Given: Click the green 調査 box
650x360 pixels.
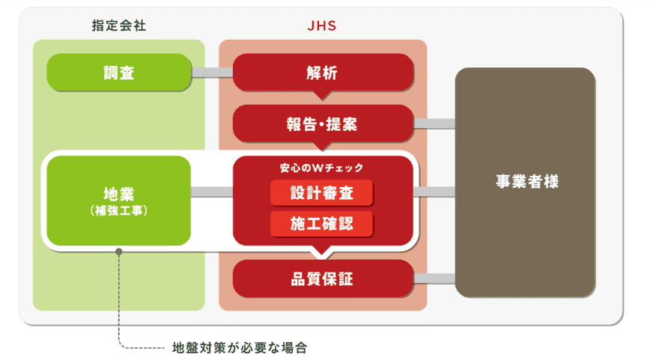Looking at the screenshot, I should coord(119,72).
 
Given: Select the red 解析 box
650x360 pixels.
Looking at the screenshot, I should coord(323,72).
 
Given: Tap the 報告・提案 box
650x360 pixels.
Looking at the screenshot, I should coord(323,123).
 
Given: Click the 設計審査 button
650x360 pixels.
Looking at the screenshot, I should coord(322,193).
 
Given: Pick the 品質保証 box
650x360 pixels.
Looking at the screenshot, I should coord(323,279).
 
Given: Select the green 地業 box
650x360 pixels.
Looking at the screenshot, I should coord(119,200).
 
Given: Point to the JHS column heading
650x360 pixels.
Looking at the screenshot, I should coord(323,25).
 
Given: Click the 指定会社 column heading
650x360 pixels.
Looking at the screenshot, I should coord(118,25).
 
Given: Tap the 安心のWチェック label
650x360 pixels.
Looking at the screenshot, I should coord(322,168).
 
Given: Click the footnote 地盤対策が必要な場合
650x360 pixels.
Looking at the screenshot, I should coord(240,348).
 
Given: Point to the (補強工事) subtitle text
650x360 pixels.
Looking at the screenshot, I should coord(119,211).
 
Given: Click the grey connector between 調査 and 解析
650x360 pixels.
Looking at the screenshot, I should coord(212,73).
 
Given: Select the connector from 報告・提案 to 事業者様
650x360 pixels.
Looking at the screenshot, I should coord(434,123).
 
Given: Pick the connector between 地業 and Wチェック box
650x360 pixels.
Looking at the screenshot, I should coord(212,192).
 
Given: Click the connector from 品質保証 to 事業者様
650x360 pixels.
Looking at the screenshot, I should coord(434,279).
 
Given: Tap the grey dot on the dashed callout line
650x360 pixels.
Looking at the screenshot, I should coord(118,251).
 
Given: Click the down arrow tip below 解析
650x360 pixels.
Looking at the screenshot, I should coord(323,97).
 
